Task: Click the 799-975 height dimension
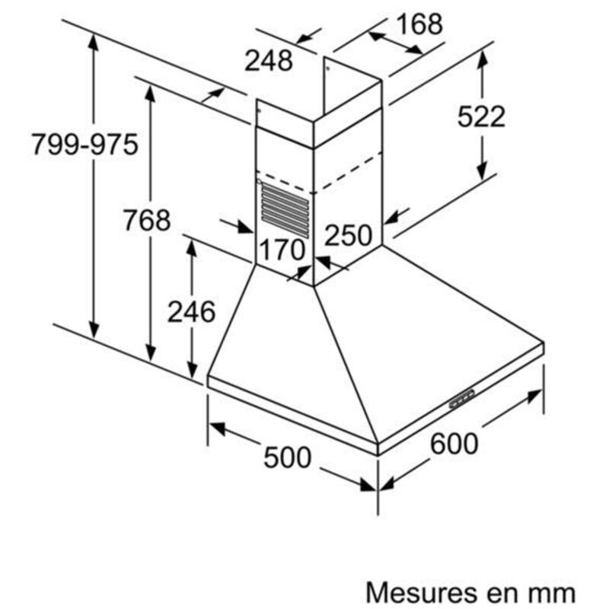pos(84,145)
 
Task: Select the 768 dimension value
pos(147,220)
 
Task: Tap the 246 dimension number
pos(191,311)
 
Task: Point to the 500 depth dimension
pos(288,458)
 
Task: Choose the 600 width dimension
pos(454,444)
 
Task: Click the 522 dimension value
pos(481,116)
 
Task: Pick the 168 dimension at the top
pos(419,24)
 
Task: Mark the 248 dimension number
pos(269,61)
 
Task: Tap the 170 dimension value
pos(282,250)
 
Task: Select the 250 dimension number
pos(348,235)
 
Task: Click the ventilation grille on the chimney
pos(285,210)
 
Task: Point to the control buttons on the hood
pos(462,399)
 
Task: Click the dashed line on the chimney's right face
pos(348,173)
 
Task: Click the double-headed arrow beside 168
pos(396,43)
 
